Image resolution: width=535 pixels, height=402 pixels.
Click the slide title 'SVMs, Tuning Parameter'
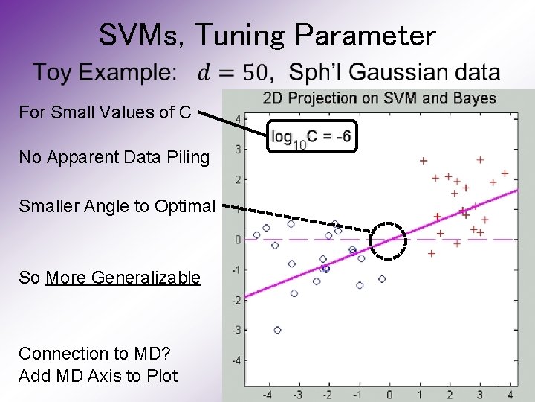[x=267, y=34]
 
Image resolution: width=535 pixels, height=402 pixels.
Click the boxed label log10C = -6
[x=311, y=136]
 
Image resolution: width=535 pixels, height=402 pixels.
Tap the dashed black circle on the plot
[x=389, y=240]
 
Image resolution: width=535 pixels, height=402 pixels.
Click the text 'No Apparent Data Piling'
[x=114, y=157]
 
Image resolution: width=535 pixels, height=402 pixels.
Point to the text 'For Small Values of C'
[x=105, y=112]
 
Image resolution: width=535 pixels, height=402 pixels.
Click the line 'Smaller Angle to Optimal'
[x=117, y=205]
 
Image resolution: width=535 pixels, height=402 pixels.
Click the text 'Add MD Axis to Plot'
[x=98, y=376]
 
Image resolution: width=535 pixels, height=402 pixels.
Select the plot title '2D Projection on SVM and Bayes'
[x=379, y=98]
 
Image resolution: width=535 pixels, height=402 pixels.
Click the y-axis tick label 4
[x=237, y=119]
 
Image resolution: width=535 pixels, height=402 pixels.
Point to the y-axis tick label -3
[x=236, y=330]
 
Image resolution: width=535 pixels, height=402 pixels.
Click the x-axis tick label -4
[x=267, y=394]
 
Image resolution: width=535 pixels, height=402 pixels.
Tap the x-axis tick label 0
[x=389, y=394]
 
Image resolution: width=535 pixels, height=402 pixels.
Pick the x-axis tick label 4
[x=510, y=394]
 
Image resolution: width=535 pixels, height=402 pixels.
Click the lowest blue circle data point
[x=277, y=330]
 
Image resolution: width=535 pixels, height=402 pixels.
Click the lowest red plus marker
[x=432, y=254]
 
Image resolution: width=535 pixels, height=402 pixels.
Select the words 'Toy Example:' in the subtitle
[x=106, y=73]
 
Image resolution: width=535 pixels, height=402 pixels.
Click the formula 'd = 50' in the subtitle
[x=233, y=73]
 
